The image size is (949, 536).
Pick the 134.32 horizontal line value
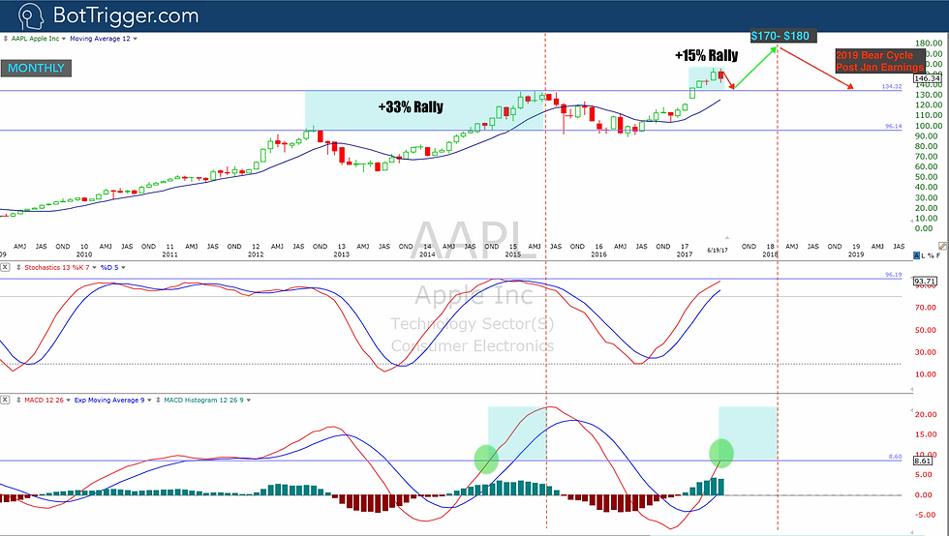coord(892,87)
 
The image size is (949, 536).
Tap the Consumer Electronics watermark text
coord(474,345)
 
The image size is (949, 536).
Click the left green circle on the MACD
coord(486,459)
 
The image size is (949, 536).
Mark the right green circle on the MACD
coord(721,452)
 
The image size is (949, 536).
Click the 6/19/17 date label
coord(719,250)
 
